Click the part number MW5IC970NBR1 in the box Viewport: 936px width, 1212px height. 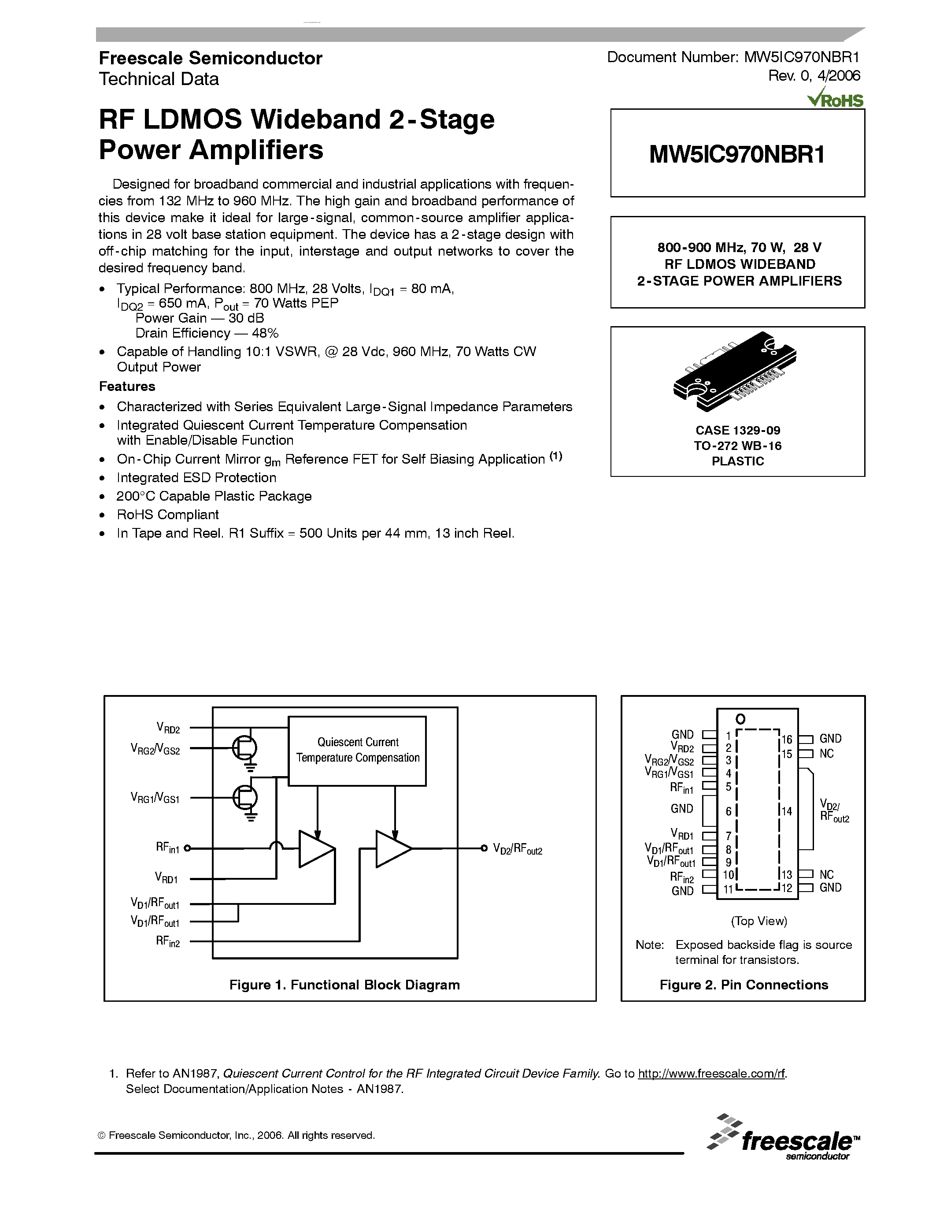point(737,154)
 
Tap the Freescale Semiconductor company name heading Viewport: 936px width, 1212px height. point(210,58)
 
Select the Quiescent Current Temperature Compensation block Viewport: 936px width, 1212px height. point(357,750)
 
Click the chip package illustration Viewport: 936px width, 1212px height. point(735,371)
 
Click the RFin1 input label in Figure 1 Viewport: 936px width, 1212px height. point(167,848)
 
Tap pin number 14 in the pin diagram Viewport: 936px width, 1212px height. point(786,811)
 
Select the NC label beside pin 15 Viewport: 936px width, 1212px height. point(826,754)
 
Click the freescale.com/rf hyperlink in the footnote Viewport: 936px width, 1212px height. point(711,1073)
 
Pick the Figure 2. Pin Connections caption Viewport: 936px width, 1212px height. point(743,985)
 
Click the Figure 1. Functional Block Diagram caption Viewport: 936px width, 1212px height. point(344,985)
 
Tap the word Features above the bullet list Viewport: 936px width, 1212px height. point(127,386)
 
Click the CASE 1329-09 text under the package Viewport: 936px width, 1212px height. point(737,430)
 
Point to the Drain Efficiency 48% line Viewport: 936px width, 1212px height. point(207,333)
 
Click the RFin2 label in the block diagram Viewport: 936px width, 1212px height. point(167,941)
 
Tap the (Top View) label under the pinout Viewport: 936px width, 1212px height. point(758,921)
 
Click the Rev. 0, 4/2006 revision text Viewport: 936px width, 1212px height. point(814,75)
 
